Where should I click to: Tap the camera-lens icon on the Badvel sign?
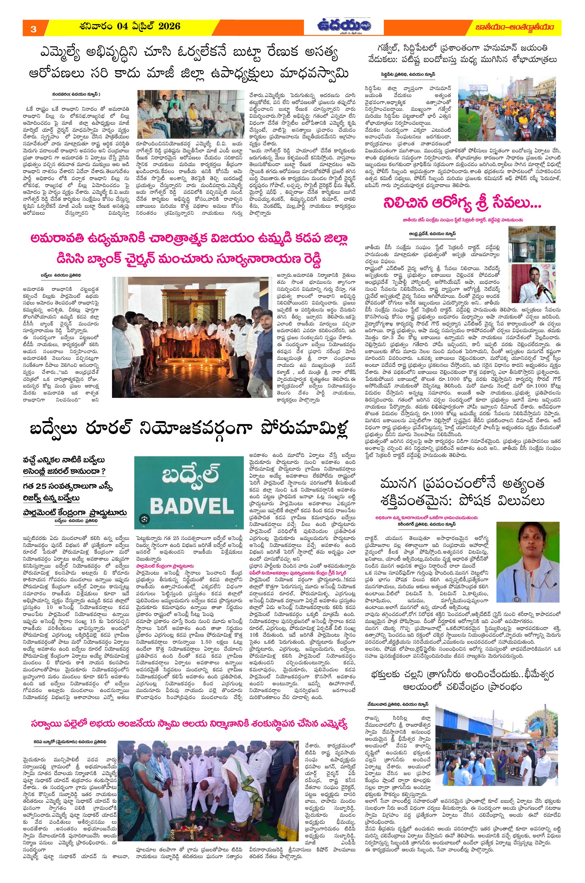[x=145, y=518]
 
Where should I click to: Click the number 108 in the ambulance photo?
[x=550, y=249]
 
